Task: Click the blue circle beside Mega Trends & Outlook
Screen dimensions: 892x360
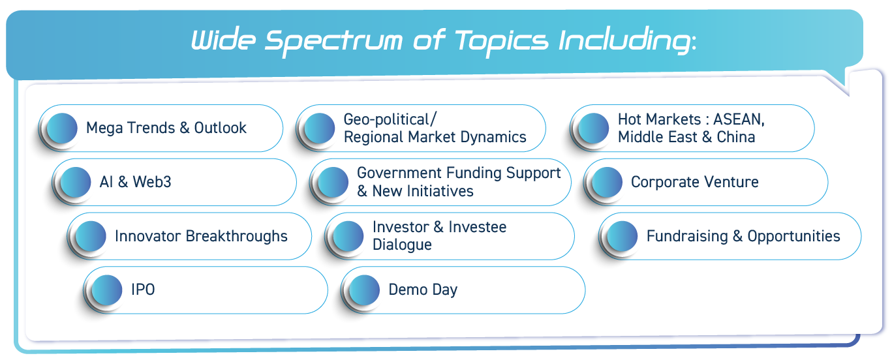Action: (x=62, y=128)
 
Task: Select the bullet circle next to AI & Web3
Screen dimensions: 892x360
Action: (x=75, y=182)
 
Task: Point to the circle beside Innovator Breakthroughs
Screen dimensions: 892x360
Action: (x=91, y=236)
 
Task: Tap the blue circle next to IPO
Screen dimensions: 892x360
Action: (x=106, y=290)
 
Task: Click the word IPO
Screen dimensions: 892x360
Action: (x=143, y=290)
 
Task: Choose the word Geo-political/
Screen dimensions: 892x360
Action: (x=390, y=119)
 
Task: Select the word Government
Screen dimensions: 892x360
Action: (x=399, y=173)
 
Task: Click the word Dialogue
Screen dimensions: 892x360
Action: (x=402, y=245)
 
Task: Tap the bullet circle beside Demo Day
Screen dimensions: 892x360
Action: (x=364, y=290)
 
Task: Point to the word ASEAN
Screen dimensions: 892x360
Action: (x=739, y=119)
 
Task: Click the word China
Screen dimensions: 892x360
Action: (x=736, y=137)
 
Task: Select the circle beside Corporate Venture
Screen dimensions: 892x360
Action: (x=607, y=182)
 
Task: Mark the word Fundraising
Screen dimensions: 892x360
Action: (x=687, y=236)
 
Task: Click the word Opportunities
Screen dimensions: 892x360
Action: (x=793, y=236)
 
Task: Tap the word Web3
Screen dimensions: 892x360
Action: (x=152, y=182)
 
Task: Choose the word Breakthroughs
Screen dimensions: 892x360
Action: (x=236, y=236)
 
